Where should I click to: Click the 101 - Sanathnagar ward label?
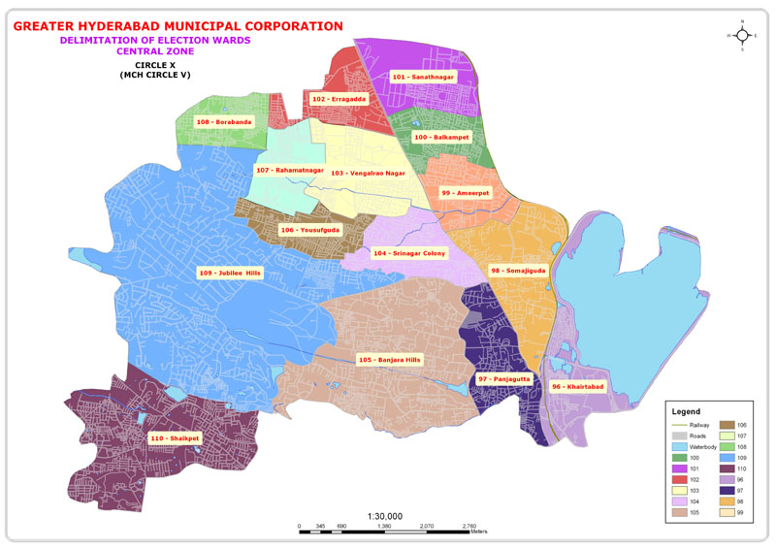click(422, 76)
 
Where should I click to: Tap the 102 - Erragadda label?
click(339, 99)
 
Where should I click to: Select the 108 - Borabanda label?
click(223, 122)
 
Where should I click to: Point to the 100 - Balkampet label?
click(441, 138)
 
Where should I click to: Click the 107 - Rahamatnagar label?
click(290, 171)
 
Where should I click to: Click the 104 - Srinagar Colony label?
click(408, 252)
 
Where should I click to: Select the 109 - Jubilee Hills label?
click(230, 273)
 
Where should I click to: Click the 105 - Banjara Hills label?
click(390, 360)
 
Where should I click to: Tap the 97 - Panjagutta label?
click(502, 377)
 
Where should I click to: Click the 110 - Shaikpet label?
click(175, 438)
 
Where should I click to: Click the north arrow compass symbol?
click(742, 35)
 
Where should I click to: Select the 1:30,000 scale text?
click(385, 516)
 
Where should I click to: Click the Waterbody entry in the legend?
click(703, 447)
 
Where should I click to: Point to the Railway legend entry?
click(699, 426)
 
